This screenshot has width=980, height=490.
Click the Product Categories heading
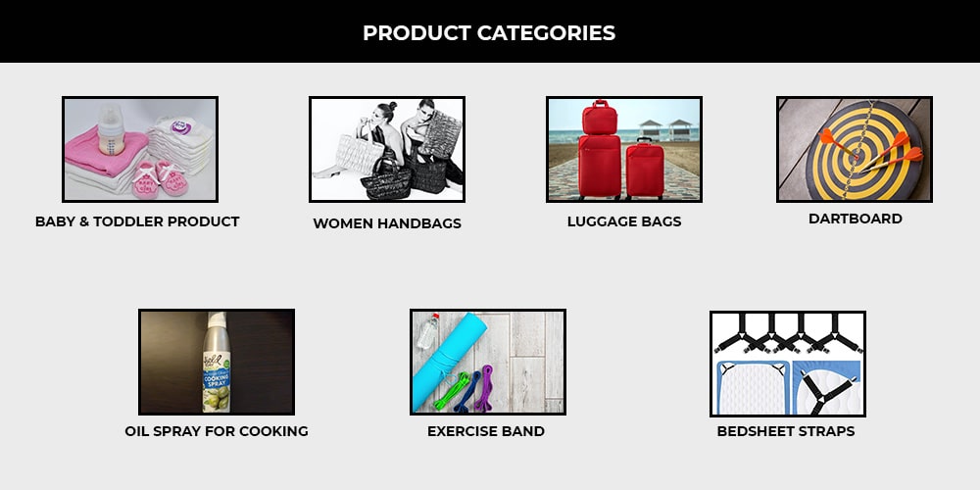(x=489, y=33)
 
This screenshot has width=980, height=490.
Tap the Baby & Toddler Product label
(x=137, y=221)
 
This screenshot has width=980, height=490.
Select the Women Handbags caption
(x=387, y=223)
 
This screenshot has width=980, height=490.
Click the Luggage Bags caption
(x=624, y=221)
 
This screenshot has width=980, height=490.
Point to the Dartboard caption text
(x=855, y=219)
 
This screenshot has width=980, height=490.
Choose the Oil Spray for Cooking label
(x=217, y=431)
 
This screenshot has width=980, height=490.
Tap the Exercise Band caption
(x=486, y=431)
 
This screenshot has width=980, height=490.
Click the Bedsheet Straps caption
(x=786, y=431)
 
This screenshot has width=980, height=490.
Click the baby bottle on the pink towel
(x=111, y=129)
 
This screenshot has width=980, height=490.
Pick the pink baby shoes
(x=160, y=178)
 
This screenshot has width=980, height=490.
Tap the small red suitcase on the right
(x=645, y=169)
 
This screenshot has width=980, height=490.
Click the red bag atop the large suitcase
(x=600, y=118)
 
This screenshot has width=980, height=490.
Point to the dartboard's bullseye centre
(x=855, y=156)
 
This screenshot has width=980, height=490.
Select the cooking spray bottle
(x=217, y=363)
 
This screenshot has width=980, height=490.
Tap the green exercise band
(x=451, y=391)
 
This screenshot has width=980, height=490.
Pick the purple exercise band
(x=484, y=387)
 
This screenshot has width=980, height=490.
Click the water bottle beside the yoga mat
(x=427, y=331)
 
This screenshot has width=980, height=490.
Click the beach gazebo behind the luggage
(x=666, y=130)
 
